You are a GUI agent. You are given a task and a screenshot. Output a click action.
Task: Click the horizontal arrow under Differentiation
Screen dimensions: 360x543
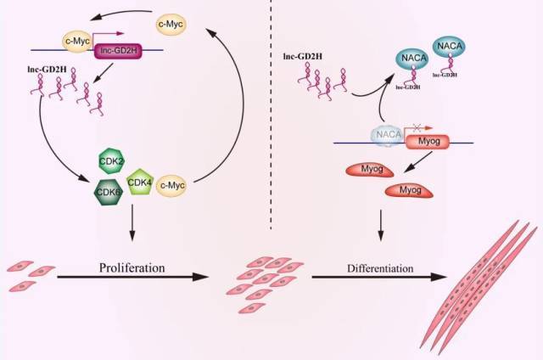(382, 278)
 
